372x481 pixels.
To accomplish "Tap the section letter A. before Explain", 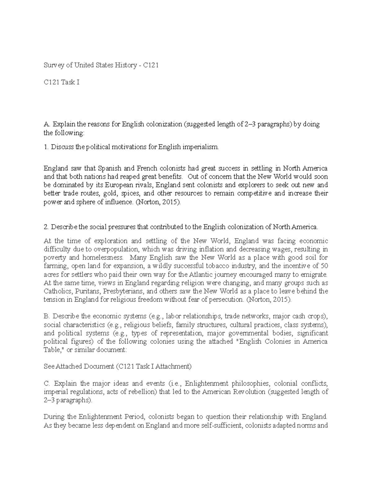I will [47, 125].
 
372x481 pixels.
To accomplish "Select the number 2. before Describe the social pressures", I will [46, 227].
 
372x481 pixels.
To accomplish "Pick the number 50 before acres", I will [325, 266].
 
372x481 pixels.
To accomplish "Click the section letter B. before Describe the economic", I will [47, 316].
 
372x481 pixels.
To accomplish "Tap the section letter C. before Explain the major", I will [47, 383].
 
